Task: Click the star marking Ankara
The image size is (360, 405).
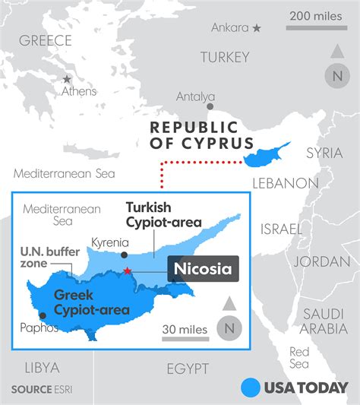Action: (x=257, y=28)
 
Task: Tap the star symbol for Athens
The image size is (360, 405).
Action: (x=68, y=79)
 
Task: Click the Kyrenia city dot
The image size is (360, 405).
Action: (x=123, y=254)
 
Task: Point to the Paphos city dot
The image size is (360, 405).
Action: (x=43, y=315)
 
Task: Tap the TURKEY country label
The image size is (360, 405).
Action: (x=224, y=57)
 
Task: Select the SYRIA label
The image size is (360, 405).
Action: (x=324, y=153)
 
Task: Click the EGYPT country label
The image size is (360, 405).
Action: (x=187, y=369)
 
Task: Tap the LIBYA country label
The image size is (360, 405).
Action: (x=42, y=368)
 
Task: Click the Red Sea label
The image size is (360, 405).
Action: (x=299, y=358)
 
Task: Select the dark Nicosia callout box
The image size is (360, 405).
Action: (x=203, y=268)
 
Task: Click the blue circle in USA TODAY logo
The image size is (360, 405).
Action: (x=251, y=388)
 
